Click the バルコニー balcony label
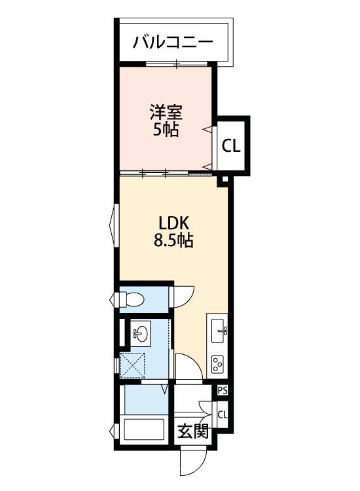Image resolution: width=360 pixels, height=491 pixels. click(x=173, y=43)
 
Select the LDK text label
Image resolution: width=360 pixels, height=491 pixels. click(x=173, y=223)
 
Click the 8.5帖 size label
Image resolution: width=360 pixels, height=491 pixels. click(x=173, y=240)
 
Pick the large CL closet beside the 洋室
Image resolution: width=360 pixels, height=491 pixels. click(x=231, y=146)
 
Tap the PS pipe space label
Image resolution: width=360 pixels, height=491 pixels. click(x=223, y=390)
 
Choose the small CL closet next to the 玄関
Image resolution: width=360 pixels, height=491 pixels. click(x=223, y=414)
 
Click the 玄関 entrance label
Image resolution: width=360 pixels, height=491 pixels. click(x=193, y=431)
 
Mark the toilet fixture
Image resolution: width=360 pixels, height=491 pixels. click(x=133, y=299)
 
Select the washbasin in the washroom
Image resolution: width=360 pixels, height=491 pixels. click(x=140, y=334)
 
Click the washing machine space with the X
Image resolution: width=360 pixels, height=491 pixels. click(x=135, y=365)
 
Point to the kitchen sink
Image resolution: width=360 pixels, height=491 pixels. click(x=218, y=331)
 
